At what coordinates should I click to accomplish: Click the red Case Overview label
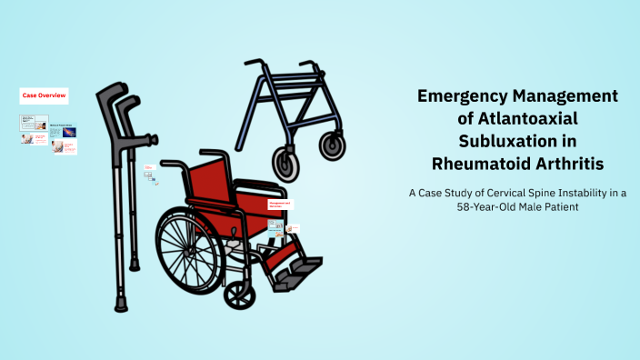(x=45, y=96)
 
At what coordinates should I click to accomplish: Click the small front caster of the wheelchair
(x=239, y=293)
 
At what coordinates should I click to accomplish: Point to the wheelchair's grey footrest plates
(x=298, y=269)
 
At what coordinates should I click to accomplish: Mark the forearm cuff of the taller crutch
(x=113, y=95)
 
